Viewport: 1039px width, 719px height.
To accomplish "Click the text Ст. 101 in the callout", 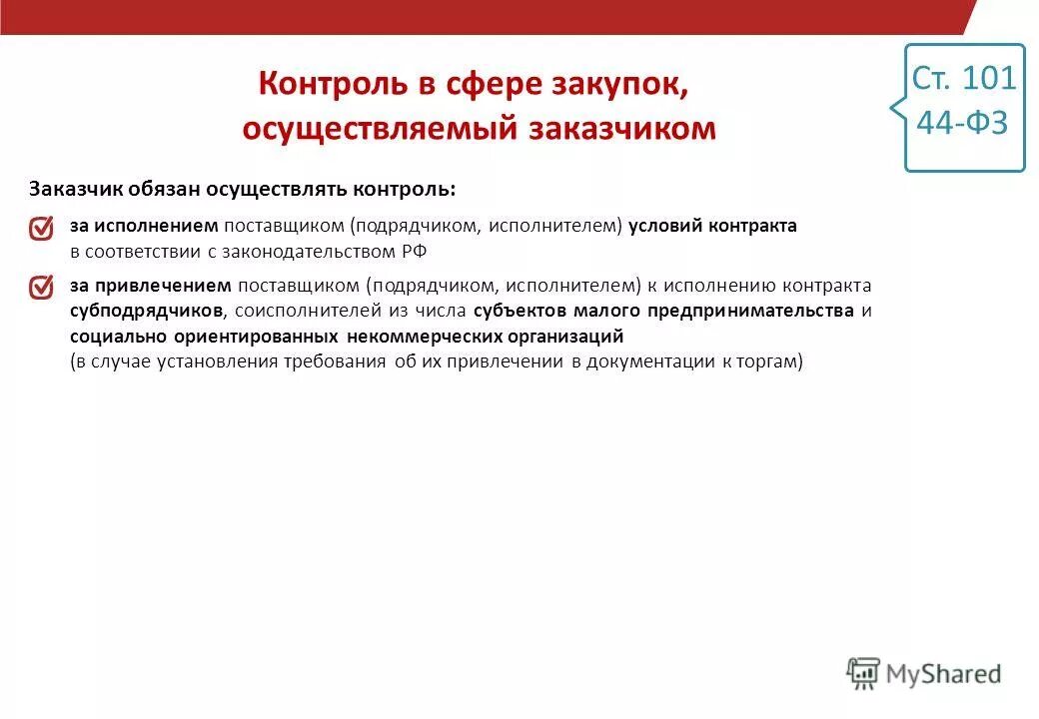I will (964, 78).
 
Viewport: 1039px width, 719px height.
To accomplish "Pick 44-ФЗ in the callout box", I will (962, 123).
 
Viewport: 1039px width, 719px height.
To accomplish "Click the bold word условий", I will (664, 226).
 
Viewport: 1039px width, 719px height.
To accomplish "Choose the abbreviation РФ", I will (415, 252).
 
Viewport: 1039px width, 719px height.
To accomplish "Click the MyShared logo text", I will (943, 674).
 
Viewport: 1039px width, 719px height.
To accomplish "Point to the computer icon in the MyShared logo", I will (862, 673).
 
